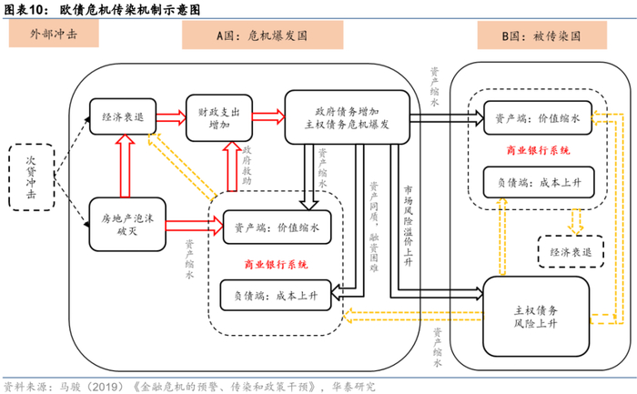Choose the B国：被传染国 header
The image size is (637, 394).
(541, 35)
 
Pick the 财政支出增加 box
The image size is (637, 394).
(218, 117)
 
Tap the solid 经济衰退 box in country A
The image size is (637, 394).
(125, 116)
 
